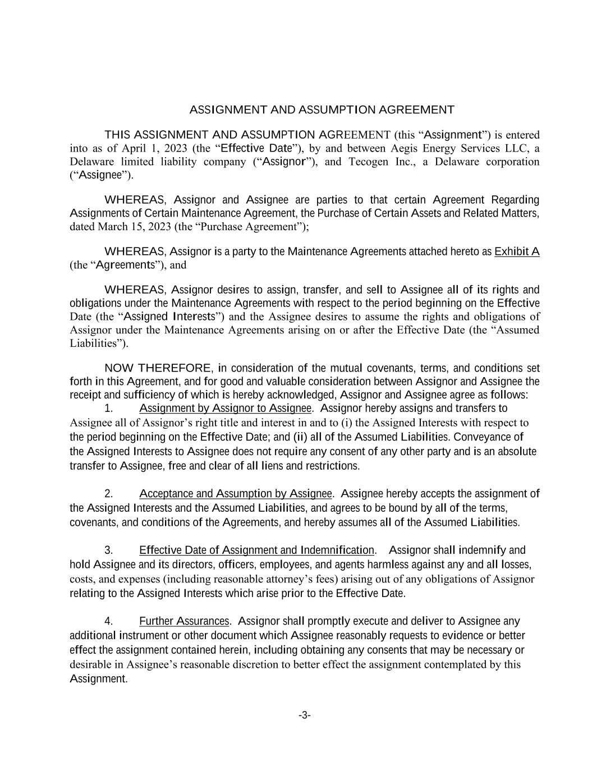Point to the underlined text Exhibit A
click(516, 251)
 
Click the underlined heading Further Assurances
click(184, 621)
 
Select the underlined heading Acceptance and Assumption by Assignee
click(236, 494)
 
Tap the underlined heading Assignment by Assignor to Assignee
click(225, 408)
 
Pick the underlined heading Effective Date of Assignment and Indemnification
click(256, 550)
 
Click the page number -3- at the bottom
click(304, 715)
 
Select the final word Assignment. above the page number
click(98, 679)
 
